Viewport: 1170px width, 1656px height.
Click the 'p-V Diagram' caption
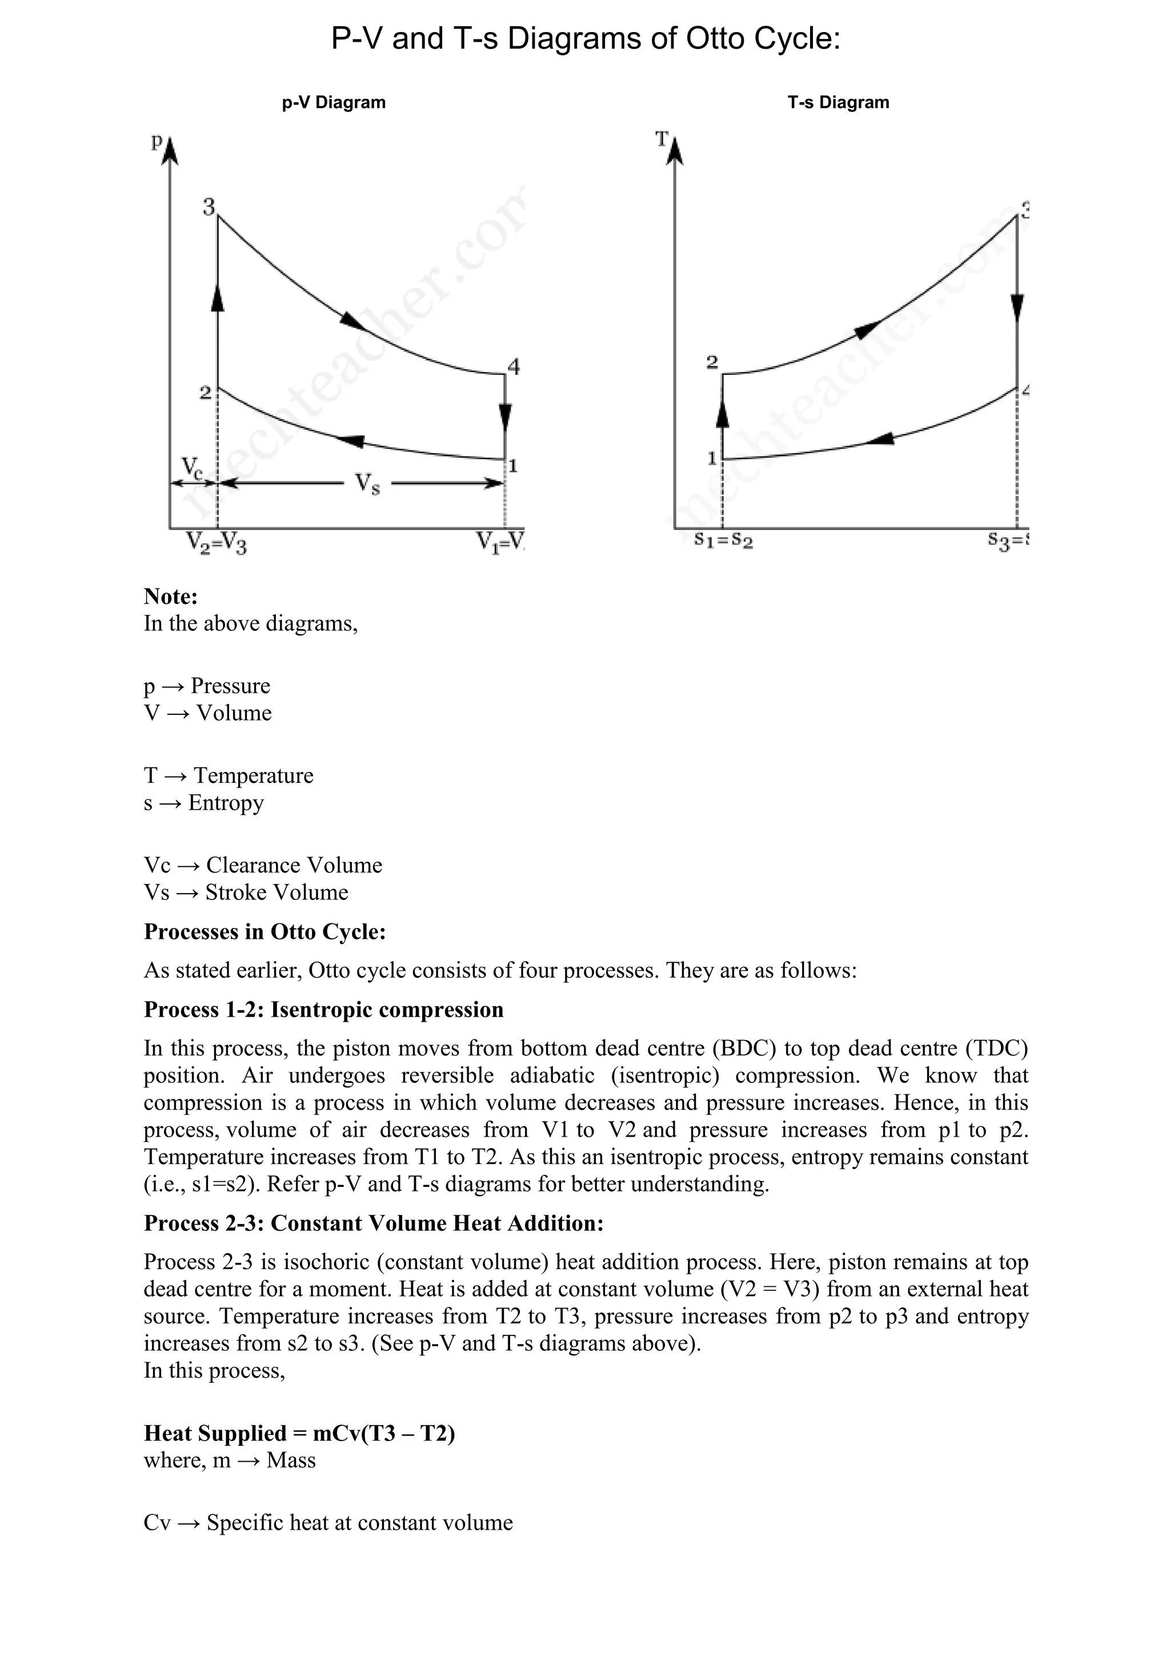[x=334, y=102]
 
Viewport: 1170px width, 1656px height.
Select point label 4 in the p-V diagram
[x=513, y=367]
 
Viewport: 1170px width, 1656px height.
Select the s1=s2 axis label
[x=723, y=539]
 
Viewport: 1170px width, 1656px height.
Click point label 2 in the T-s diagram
[x=712, y=362]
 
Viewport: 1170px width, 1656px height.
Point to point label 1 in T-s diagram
[x=712, y=458]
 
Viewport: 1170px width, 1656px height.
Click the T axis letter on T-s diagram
[x=661, y=138]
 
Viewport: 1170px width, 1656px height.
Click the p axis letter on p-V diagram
[x=157, y=141]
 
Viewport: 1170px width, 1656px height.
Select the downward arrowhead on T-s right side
[x=1016, y=308]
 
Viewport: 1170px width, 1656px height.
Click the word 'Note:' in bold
[x=171, y=597]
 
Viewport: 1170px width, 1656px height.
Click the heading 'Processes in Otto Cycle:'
[x=265, y=931]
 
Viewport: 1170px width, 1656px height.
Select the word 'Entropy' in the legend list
[x=226, y=803]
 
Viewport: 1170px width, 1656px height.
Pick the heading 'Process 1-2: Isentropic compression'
[x=324, y=1009]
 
